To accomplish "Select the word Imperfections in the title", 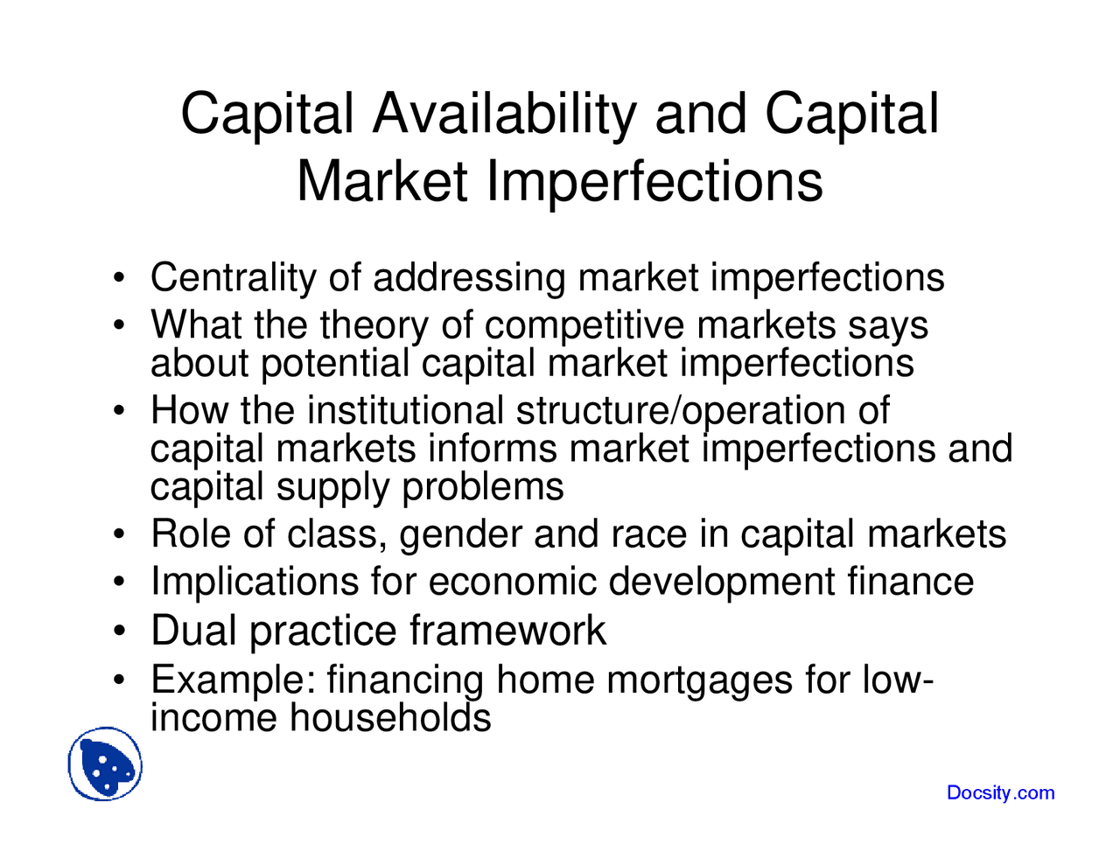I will coord(654,181).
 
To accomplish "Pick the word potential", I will coord(335,363).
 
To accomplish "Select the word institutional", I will coord(406,410).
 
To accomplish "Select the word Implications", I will coord(255,582).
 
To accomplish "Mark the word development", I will coord(722,582).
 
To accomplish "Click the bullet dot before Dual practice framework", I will coord(122,631).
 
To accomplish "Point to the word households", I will coord(390,718).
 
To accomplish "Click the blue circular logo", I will coord(105,764).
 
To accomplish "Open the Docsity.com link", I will coord(1000,792).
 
